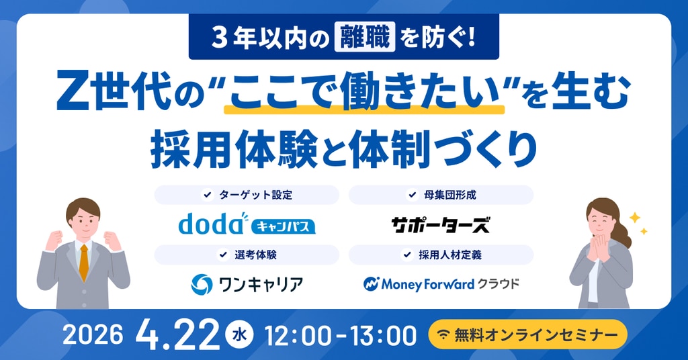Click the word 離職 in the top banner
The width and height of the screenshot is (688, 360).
click(365, 37)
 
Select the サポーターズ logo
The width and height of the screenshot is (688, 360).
click(441, 224)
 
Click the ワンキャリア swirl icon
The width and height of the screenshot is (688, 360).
click(202, 284)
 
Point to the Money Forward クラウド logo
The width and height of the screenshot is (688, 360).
click(441, 284)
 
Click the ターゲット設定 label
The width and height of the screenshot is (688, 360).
click(256, 195)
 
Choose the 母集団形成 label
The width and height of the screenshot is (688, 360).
click(449, 195)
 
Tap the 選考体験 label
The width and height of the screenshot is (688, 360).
click(255, 255)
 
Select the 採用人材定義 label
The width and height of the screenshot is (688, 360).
click(449, 255)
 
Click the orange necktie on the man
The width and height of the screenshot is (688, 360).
click(84, 262)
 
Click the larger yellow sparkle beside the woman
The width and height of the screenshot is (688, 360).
click(634, 218)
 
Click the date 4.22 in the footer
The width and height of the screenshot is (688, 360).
click(177, 335)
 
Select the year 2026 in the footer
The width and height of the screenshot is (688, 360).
click(93, 335)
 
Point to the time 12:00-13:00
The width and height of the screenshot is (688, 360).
click(341, 336)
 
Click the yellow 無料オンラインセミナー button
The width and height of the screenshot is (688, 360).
click(527, 334)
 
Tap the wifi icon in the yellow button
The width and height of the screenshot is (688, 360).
click(444, 335)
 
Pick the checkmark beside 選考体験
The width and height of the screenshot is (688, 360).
click(223, 255)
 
